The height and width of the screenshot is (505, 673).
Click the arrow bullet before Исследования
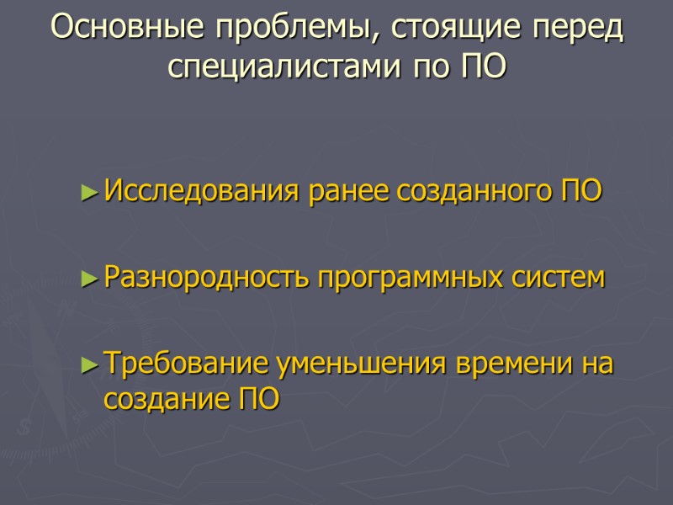pos(91,192)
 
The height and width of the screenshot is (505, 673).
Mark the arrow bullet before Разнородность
pos(91,277)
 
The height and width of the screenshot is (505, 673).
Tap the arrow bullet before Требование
pos(91,364)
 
